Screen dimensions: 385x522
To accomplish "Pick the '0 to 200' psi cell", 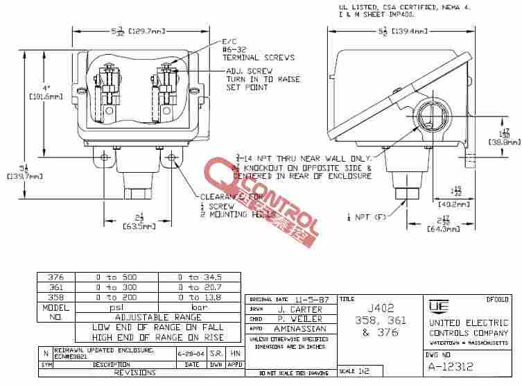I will click(116, 297).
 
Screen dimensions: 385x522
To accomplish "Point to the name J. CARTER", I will click(298, 309).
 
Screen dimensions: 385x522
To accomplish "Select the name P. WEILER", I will click(299, 318).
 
